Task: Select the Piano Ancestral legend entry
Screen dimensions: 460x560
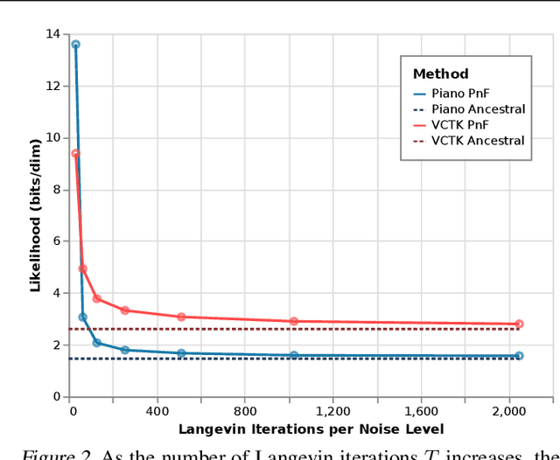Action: click(478, 108)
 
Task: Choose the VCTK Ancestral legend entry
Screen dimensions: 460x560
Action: click(478, 140)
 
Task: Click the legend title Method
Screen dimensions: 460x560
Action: click(440, 74)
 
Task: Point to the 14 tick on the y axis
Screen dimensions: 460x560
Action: click(54, 34)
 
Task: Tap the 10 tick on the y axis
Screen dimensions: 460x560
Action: click(54, 137)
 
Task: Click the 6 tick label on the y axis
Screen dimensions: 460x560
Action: click(57, 241)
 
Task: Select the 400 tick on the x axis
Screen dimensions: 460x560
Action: click(157, 411)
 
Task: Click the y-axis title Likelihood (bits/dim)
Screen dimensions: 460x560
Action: click(36, 214)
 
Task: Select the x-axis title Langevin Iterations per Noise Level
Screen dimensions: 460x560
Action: click(311, 429)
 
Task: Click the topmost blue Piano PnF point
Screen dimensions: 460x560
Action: click(75, 45)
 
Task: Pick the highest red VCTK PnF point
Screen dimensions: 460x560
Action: click(75, 153)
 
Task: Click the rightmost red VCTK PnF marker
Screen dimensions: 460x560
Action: click(519, 324)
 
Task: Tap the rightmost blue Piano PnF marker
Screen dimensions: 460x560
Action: click(519, 356)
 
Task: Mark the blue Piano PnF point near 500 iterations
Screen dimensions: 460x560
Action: click(181, 353)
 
